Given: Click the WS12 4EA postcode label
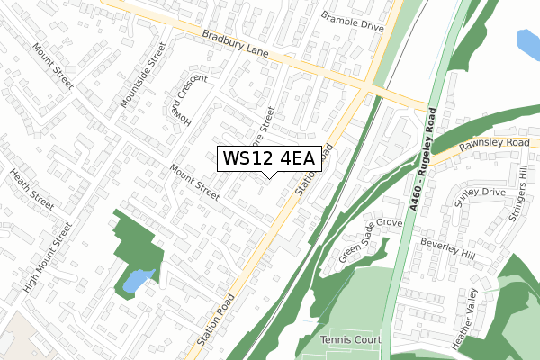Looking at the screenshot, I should pyautogui.click(x=267, y=158).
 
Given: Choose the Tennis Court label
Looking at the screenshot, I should pyautogui.click(x=351, y=339).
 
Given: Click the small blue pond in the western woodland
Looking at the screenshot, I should pyautogui.click(x=138, y=282).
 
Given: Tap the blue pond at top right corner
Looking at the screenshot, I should pyautogui.click(x=528, y=40).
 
